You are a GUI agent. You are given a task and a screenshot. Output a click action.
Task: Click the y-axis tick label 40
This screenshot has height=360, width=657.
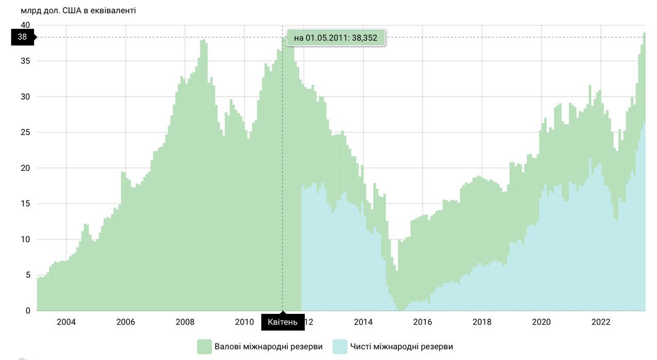pyautogui.click(x=25, y=25)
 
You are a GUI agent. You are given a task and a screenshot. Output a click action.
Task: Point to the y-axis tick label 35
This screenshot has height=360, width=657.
pyautogui.click(x=25, y=61)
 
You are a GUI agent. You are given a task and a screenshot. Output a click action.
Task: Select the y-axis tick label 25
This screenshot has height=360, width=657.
pyautogui.click(x=25, y=132)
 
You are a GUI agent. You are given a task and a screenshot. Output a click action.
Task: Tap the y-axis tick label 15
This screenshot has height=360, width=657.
pyautogui.click(x=25, y=204)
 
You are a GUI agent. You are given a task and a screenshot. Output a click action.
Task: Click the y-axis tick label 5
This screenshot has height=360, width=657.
pyautogui.click(x=27, y=275)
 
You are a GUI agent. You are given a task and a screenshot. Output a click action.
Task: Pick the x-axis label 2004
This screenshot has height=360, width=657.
pyautogui.click(x=66, y=322)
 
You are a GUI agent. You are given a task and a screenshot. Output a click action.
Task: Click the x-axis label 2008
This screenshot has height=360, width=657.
pyautogui.click(x=185, y=322)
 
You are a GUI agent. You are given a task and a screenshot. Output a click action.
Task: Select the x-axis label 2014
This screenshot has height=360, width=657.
pyautogui.click(x=363, y=322)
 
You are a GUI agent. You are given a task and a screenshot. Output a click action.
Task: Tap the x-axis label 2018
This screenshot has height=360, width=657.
pyautogui.click(x=482, y=322)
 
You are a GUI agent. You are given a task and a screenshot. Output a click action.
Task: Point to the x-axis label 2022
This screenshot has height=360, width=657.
pyautogui.click(x=601, y=322)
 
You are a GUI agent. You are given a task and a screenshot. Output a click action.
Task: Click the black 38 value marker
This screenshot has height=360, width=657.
pyautogui.click(x=23, y=37)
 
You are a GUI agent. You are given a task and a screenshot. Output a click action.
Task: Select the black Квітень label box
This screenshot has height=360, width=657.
pyautogui.click(x=282, y=322)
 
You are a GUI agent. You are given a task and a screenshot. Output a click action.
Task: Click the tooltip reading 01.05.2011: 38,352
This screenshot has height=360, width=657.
pyautogui.click(x=335, y=37)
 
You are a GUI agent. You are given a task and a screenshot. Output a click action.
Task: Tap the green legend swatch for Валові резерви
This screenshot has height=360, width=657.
pyautogui.click(x=204, y=347)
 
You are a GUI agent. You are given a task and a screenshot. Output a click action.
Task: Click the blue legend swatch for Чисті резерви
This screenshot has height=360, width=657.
pyautogui.click(x=340, y=347)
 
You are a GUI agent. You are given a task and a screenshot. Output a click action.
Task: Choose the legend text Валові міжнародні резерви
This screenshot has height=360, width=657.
pyautogui.click(x=268, y=347)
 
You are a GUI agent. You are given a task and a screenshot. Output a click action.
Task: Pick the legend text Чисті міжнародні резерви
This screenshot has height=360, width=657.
pyautogui.click(x=401, y=347)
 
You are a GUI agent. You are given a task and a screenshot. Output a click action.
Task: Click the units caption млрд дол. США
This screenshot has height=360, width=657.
pyautogui.click(x=78, y=10)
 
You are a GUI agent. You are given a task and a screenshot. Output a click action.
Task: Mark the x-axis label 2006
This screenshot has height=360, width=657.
pyautogui.click(x=126, y=322)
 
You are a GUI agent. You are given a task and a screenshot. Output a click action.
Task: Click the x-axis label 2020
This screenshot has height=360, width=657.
pyautogui.click(x=541, y=322)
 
